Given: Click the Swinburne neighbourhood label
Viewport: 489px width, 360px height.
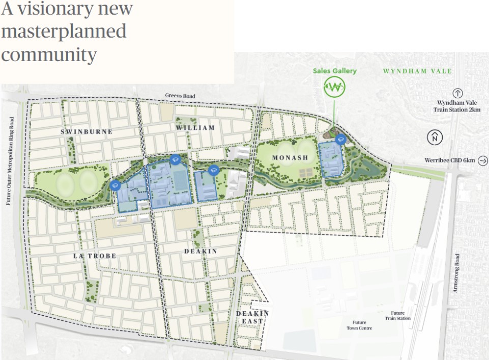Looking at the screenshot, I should coord(86,131).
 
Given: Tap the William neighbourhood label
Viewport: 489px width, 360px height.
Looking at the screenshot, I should coord(195,127).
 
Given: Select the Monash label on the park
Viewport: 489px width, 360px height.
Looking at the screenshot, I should coord(290,158).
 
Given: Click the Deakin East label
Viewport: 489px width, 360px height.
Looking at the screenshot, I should coord(252,317).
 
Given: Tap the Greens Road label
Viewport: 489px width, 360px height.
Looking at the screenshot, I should coord(180,96).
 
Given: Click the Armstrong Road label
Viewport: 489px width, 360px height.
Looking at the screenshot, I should coord(456,273).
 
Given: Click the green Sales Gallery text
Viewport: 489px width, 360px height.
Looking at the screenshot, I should coord(334,71).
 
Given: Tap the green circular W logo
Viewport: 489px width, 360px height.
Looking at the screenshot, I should coord(334,88).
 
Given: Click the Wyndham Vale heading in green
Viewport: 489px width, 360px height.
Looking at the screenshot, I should coord(417,71).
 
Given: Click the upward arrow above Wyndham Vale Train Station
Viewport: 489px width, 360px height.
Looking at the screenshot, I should coord(457,93).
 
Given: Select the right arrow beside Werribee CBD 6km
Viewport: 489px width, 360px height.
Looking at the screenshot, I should coord(483,161).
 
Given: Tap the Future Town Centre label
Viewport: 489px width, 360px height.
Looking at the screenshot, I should coord(359,325).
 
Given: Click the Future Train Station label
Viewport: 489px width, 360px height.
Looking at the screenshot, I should coord(397,316).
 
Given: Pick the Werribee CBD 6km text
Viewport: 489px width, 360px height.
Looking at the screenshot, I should coord(449,161).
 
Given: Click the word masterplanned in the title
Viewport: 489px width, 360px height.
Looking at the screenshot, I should coord(63,32).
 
